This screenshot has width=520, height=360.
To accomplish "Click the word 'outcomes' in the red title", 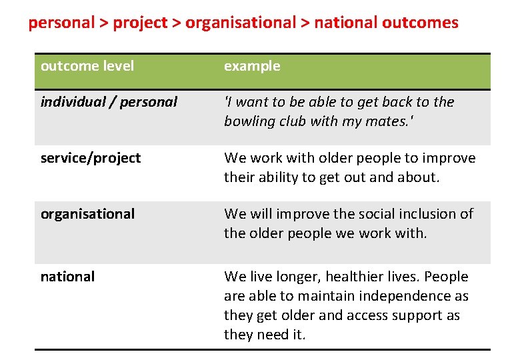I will pos(421,23).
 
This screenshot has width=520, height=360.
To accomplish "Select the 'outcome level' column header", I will pos(87,66).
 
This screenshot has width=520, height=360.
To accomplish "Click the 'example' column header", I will pos(252,66).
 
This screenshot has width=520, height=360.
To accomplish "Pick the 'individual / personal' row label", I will pos(109,102).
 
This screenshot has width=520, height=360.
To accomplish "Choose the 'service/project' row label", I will pos(91,158).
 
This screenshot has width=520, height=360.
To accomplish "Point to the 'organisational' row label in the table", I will pos(87,214).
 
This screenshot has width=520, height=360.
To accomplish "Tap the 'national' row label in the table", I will pos(67,277).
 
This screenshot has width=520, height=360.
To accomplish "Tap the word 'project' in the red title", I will pos(139,23).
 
